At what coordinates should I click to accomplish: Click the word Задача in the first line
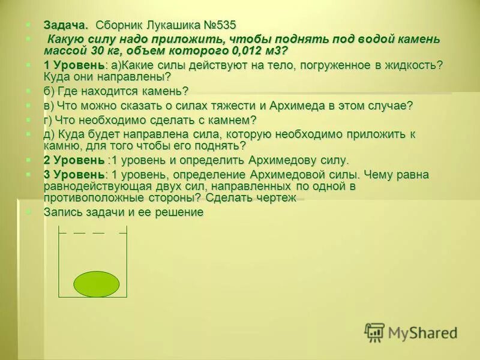(65, 25)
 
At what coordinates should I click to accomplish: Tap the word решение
(180, 212)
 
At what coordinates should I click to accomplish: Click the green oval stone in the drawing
(97, 283)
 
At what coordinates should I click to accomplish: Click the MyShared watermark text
(422, 332)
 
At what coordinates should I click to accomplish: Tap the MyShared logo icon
(374, 332)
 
